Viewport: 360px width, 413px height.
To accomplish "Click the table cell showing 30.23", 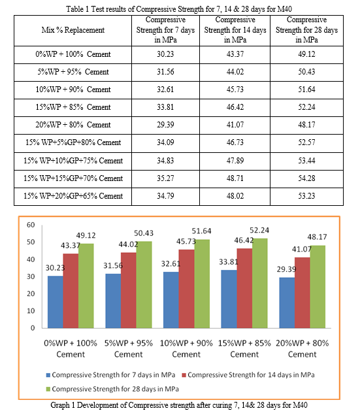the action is [165, 54].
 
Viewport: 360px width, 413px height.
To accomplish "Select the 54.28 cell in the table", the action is [306, 178].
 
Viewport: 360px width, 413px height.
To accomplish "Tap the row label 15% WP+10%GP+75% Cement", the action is [73, 161].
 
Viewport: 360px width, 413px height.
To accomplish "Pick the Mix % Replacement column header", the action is [73, 30].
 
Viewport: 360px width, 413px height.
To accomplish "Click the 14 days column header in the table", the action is [235, 30].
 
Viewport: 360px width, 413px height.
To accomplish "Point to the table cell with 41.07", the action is [235, 125].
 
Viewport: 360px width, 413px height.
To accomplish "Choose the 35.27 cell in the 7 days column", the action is [165, 178].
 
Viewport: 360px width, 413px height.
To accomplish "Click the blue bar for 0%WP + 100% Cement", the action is [56, 302].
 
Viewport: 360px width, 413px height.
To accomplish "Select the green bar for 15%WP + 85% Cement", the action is [259, 283].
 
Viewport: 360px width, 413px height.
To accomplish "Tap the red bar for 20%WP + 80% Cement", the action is [303, 293].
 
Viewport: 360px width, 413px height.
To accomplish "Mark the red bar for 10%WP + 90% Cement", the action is [186, 289].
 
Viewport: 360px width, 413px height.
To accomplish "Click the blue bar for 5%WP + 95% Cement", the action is [113, 301].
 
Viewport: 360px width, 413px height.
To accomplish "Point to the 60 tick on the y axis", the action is [31, 225].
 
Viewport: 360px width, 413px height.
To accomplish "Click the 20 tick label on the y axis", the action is [31, 293].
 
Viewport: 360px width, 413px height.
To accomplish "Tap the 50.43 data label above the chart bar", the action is [144, 233].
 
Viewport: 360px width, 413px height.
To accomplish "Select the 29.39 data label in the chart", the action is [286, 269].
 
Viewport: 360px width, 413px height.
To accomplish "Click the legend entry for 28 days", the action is [112, 389].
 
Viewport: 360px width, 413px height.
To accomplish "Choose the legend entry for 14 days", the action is [248, 375].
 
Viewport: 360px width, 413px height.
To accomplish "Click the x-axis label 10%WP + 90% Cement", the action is [186, 348].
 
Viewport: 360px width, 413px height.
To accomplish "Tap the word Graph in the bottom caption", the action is [60, 405].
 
